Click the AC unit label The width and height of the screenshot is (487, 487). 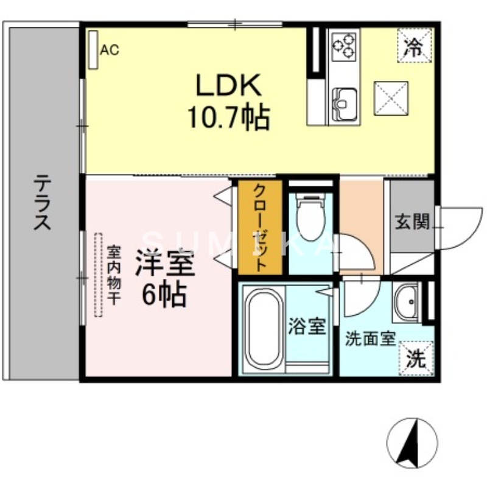coord(110,50)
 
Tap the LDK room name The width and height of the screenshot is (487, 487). coord(228,85)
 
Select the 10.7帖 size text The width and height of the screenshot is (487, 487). coord(228,117)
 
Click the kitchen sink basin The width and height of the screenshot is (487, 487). coord(345,99)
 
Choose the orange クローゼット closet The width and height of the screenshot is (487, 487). coord(259,227)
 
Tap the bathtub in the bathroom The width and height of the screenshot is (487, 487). coord(263,329)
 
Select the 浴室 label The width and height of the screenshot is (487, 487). coord(307,327)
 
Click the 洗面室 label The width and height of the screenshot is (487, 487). coord(371,338)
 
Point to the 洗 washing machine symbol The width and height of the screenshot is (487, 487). coord(416,358)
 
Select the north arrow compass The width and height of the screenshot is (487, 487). coord(412,443)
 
